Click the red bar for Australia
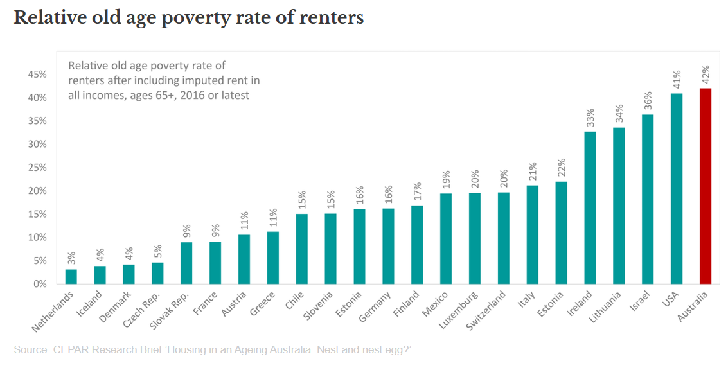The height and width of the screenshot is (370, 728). tap(706, 186)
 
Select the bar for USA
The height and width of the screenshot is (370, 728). tap(677, 189)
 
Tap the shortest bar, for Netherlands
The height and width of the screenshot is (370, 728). tap(71, 277)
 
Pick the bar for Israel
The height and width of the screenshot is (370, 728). tap(648, 199)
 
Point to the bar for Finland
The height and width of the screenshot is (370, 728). tap(417, 245)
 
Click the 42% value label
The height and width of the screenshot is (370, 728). tap(706, 75)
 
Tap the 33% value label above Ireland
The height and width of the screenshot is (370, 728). tap(590, 118)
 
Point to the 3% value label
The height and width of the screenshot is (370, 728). tap(71, 258)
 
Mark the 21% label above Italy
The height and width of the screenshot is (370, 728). tap(532, 173)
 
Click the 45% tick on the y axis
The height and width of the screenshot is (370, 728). tap(37, 75)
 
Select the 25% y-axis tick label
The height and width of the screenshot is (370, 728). tap(37, 168)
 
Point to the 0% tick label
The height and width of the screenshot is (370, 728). tap(40, 284)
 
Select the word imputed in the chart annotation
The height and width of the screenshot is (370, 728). tap(190, 80)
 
